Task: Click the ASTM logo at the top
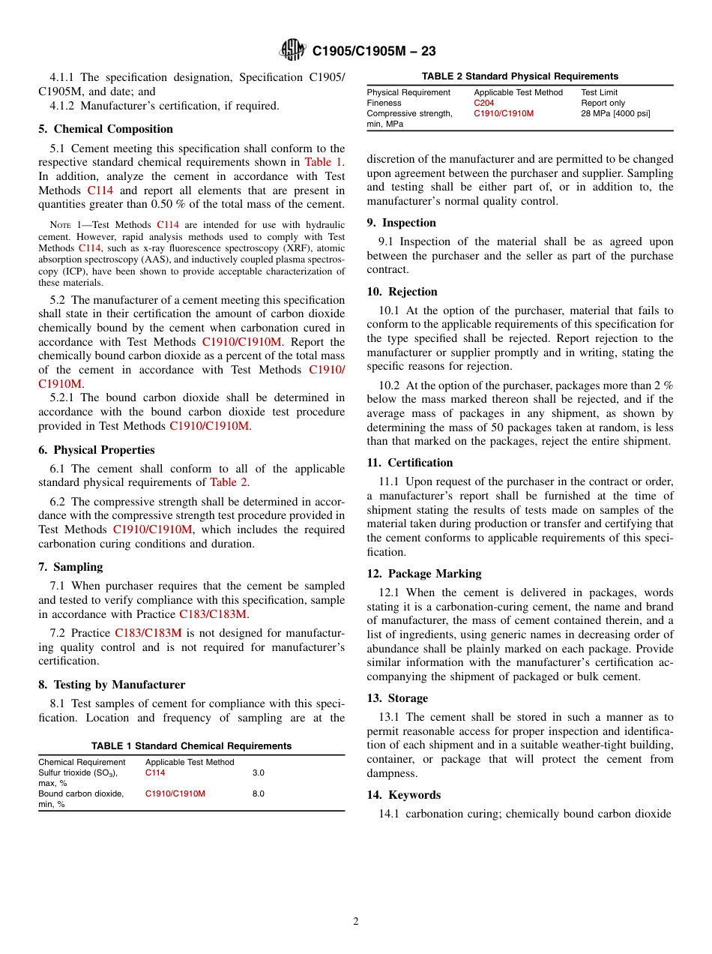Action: click(x=292, y=50)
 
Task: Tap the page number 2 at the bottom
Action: click(x=356, y=922)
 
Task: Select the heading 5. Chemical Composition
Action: click(x=106, y=129)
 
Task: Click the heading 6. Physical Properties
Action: click(x=97, y=450)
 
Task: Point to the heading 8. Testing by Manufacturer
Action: click(x=112, y=685)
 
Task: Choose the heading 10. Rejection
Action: click(x=402, y=292)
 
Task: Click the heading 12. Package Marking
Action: click(x=424, y=574)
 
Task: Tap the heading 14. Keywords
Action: click(x=404, y=795)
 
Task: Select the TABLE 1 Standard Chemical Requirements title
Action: click(x=191, y=745)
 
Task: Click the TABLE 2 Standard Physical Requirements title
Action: click(x=520, y=76)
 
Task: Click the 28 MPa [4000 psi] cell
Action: click(x=615, y=113)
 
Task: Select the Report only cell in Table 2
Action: click(x=603, y=103)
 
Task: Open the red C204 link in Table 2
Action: click(x=483, y=103)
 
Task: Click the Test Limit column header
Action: click(x=600, y=92)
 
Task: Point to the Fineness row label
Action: click(x=384, y=103)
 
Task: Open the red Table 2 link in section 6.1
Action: click(x=228, y=482)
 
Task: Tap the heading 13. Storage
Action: click(x=397, y=698)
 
